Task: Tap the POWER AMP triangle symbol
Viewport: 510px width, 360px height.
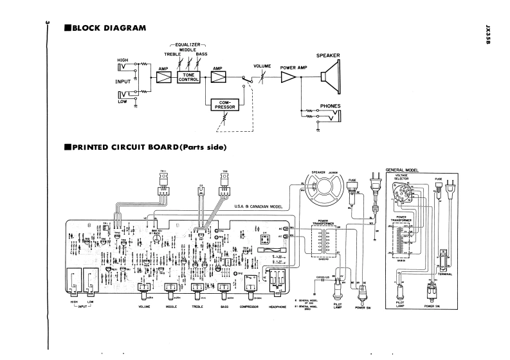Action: click(289, 77)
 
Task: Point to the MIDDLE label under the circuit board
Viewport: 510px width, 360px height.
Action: click(171, 307)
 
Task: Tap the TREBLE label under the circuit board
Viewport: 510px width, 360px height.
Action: click(198, 307)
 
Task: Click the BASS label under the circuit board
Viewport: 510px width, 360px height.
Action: click(225, 307)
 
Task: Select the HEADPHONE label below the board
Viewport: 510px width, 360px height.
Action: click(279, 307)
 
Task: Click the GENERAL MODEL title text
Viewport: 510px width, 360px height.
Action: click(402, 170)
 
